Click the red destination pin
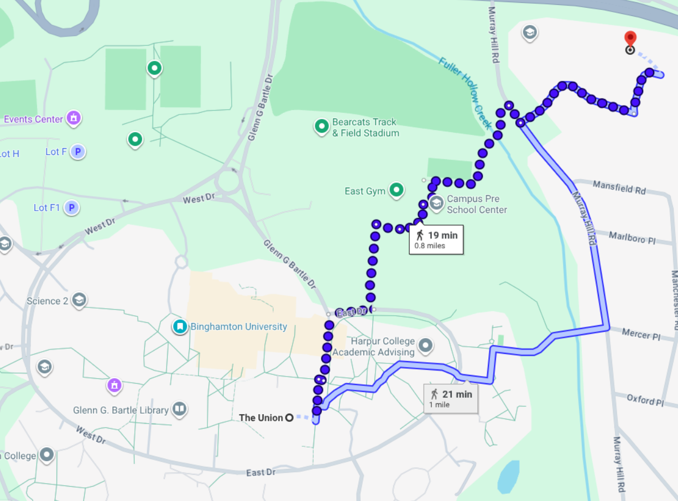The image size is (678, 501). pyautogui.click(x=630, y=39)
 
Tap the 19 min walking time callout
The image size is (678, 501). pyautogui.click(x=436, y=240)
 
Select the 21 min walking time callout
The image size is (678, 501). pyautogui.click(x=450, y=398)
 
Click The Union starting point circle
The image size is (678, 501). pyautogui.click(x=289, y=418)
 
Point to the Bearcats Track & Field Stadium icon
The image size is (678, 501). pyautogui.click(x=321, y=127)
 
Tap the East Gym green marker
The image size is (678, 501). pyautogui.click(x=396, y=191)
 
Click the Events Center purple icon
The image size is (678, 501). pyautogui.click(x=73, y=118)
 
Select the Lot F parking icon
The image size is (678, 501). pyautogui.click(x=78, y=152)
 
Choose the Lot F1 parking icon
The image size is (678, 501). pyautogui.click(x=71, y=208)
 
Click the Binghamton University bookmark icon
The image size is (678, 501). pyautogui.click(x=180, y=327)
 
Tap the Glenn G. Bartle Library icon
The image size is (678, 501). pyautogui.click(x=179, y=410)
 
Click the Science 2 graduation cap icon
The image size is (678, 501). pyautogui.click(x=79, y=300)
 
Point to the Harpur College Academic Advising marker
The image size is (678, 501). pyautogui.click(x=425, y=346)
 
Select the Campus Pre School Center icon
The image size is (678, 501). pyautogui.click(x=436, y=203)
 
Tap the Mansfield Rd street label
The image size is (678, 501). pyautogui.click(x=619, y=187)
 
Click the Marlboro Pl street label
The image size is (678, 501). pyautogui.click(x=632, y=238)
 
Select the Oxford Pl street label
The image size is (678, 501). pyautogui.click(x=645, y=399)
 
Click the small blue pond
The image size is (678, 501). pyautogui.click(x=508, y=476)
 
